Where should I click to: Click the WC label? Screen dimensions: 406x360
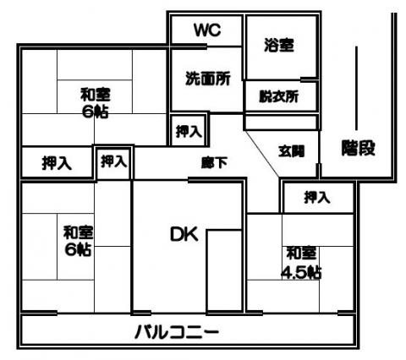(x=207, y=30)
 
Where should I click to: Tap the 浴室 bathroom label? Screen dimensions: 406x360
(x=279, y=45)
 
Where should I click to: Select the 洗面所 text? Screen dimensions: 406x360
(x=208, y=79)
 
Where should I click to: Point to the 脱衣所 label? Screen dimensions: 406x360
(x=279, y=96)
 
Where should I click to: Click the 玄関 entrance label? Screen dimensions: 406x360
(x=292, y=151)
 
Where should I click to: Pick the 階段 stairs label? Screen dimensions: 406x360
(x=359, y=148)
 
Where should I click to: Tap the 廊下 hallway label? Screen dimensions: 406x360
(x=215, y=162)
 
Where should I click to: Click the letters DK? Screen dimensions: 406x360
(x=184, y=234)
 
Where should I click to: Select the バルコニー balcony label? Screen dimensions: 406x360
(x=177, y=332)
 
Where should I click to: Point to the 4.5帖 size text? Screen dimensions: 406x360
(x=301, y=272)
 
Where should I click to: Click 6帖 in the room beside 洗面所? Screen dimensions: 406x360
(x=95, y=112)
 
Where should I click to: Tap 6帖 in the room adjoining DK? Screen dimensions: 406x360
(x=78, y=249)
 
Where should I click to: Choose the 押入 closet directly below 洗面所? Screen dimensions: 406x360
(x=189, y=131)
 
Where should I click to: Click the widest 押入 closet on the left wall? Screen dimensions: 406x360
(x=57, y=163)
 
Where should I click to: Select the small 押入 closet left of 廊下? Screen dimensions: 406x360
(x=113, y=161)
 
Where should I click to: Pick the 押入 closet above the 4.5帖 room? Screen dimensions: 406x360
(x=317, y=197)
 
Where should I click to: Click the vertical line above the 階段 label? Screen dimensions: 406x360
(x=357, y=88)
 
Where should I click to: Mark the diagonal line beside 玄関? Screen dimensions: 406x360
(x=262, y=154)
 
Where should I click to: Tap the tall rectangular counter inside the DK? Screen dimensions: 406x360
(x=224, y=271)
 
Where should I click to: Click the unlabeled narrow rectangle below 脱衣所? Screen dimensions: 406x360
(x=281, y=122)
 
